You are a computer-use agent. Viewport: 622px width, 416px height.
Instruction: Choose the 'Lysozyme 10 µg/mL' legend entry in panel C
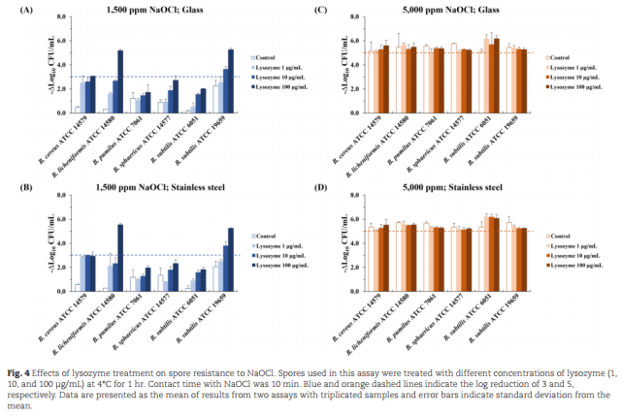(574, 76)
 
